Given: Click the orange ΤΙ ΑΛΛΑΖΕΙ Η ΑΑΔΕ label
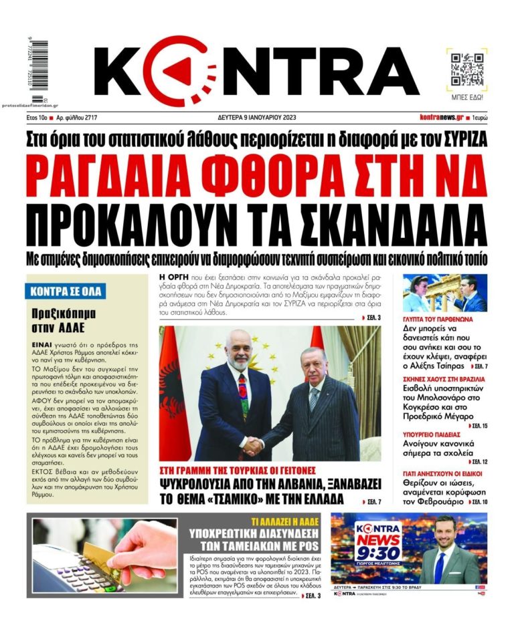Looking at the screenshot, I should pyautogui.click(x=287, y=521).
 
